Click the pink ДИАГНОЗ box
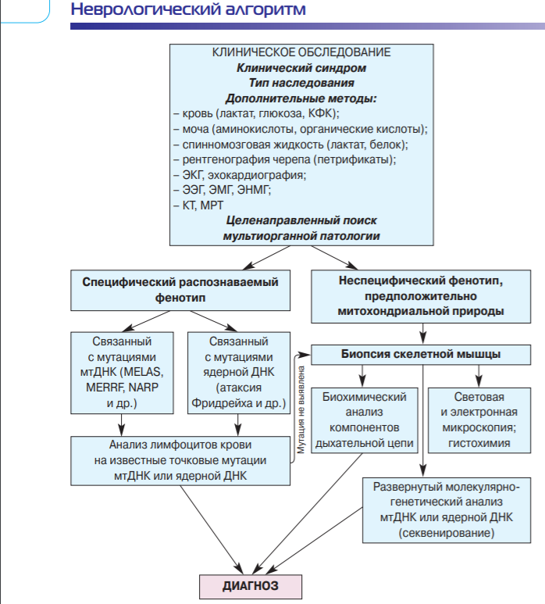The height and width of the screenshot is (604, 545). click(251, 586)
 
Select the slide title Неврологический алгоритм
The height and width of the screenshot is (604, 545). click(188, 9)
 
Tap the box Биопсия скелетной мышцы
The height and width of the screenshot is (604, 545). click(421, 355)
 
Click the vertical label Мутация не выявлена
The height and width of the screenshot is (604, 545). click(301, 409)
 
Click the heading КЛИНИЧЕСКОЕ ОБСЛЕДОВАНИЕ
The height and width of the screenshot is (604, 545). click(301, 52)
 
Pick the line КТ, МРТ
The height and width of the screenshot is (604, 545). click(198, 206)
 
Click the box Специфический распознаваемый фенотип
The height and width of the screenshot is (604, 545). click(180, 290)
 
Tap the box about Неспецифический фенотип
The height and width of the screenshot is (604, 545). click(421, 296)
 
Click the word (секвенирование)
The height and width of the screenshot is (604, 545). click(447, 533)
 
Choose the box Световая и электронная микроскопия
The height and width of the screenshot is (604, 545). click(479, 420)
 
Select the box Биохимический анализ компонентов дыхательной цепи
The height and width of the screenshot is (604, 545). click(365, 420)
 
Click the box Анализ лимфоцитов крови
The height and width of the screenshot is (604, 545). click(180, 461)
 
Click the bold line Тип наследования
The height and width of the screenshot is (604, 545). click(301, 83)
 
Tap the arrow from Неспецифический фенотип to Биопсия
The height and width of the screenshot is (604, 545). click(423, 333)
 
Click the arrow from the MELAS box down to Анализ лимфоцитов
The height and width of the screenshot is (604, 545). click(122, 425)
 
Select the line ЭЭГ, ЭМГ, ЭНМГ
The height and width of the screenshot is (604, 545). click(222, 190)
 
